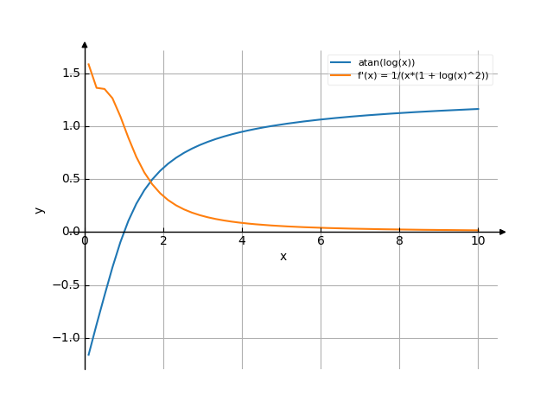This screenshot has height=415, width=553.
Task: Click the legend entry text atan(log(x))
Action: click(386, 62)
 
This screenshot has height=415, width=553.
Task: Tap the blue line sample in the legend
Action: click(340, 62)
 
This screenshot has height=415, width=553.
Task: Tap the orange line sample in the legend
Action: click(340, 75)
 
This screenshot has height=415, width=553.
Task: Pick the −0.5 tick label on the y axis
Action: click(67, 285)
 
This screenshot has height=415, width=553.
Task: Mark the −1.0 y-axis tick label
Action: click(67, 338)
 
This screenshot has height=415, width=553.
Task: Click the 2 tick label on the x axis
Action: click(163, 241)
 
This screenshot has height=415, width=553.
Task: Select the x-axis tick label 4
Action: click(242, 241)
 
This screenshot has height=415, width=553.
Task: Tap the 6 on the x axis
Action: click(321, 241)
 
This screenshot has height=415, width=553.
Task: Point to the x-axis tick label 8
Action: click(399, 241)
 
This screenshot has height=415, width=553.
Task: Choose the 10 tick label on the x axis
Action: click(478, 241)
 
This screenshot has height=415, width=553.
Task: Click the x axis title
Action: click(283, 257)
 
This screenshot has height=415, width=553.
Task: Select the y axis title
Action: click(39, 209)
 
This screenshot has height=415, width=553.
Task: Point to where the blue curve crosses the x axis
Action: click(124, 232)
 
